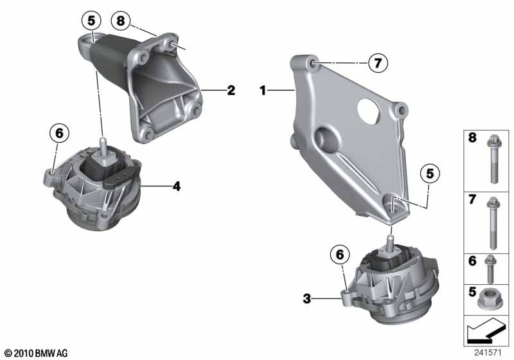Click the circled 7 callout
378,62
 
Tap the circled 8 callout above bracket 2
120,21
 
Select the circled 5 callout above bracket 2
91,21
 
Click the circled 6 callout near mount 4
58,133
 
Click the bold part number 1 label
263,91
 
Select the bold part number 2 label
231,91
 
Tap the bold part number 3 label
307,298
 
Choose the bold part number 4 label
176,186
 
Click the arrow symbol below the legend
486,333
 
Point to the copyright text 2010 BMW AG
35,353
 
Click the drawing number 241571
488,352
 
